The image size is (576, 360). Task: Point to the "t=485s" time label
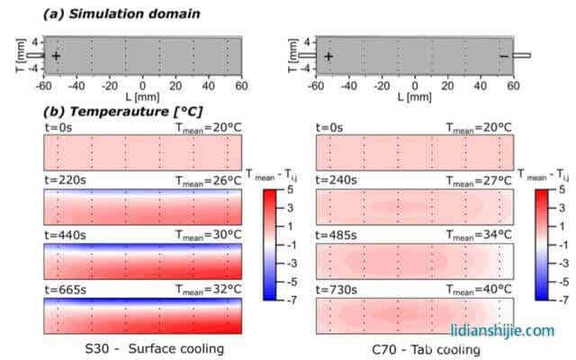point(337,235)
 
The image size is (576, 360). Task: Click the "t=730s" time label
point(337,289)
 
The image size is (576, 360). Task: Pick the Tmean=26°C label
point(207,180)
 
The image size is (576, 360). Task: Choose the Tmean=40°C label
point(480,289)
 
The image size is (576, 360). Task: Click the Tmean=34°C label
point(480,235)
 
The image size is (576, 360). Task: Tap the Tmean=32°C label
point(207,289)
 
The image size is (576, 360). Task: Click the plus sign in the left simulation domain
point(57,56)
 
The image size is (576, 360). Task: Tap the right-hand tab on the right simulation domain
point(521,56)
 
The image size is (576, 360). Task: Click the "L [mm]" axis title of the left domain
point(141,96)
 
